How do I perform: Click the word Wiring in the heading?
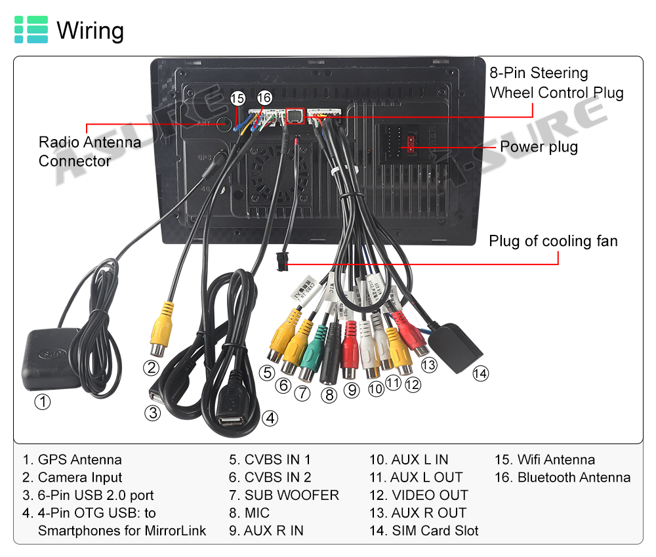point(90,31)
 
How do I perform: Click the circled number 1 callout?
point(42,401)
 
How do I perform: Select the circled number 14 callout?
point(481,373)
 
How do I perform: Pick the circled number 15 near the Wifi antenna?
point(237,98)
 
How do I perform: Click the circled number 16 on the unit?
point(264,98)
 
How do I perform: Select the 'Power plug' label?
point(539,146)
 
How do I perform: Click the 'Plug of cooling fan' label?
point(553,241)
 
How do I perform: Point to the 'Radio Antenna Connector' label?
point(90,151)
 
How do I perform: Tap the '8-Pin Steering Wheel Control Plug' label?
point(556,83)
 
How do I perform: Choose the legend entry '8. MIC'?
point(249,513)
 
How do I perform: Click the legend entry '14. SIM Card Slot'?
point(424,531)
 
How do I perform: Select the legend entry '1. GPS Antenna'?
point(72,460)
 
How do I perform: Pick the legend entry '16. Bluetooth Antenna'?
point(562,478)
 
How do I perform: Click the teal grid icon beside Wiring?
point(31,30)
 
